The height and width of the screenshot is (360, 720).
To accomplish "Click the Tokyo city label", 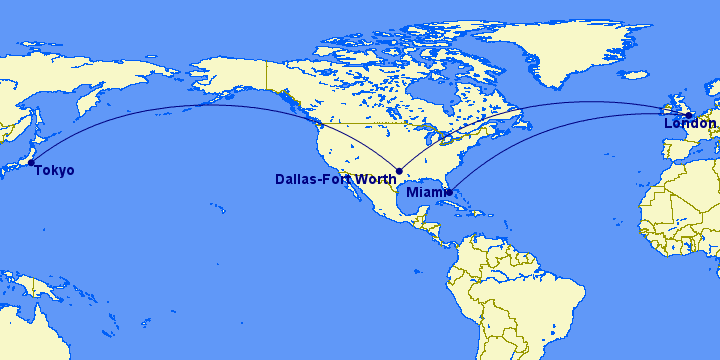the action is (54, 171).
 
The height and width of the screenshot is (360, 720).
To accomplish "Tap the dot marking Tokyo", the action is (31, 162).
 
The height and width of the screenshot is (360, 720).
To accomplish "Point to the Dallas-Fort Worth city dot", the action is (399, 171).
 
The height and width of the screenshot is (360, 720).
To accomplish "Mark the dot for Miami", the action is (448, 192).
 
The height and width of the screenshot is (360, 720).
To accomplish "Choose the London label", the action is (690, 124).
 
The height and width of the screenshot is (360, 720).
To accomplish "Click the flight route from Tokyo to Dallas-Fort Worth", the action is (200, 105).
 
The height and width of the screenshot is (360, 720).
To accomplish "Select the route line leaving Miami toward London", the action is (540, 130).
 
